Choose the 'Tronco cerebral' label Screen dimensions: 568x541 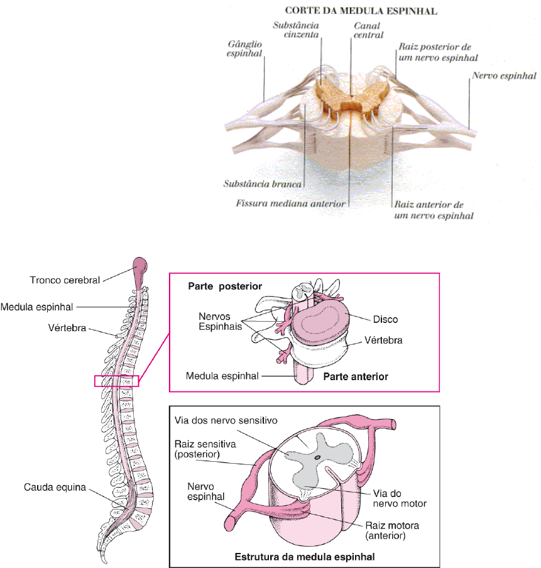pos(65,280)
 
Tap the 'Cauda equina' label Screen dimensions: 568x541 pos(55,487)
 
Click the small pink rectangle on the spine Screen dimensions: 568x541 pos(116,381)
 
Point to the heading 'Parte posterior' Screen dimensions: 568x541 pos(225,287)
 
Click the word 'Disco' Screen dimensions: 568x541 pos(385,319)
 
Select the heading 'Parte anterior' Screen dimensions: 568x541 pos(356,377)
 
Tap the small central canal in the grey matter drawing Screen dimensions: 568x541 pos(317,459)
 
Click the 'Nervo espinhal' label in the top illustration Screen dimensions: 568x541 pos(503,75)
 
